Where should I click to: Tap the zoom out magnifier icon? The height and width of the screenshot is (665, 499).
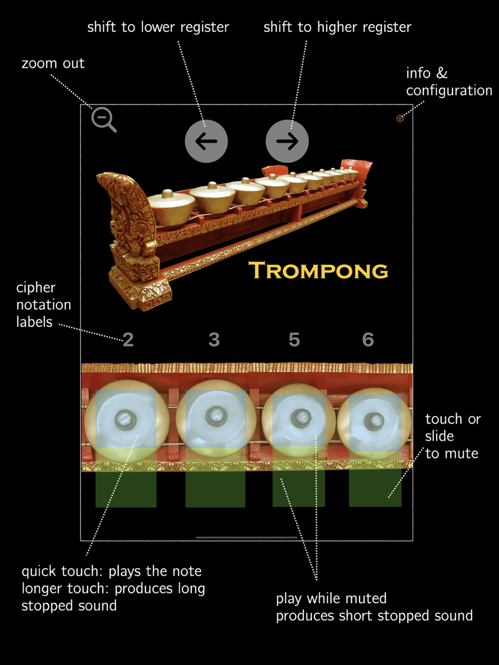(x=103, y=119)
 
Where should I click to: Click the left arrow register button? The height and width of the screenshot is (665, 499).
(x=206, y=141)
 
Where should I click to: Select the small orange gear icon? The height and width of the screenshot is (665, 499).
(x=400, y=118)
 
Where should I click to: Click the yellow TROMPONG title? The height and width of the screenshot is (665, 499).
(x=318, y=270)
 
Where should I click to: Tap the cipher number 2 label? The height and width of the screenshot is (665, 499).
(x=128, y=340)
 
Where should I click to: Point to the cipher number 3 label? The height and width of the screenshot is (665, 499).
(x=214, y=340)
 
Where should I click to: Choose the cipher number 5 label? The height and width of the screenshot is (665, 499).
(x=294, y=340)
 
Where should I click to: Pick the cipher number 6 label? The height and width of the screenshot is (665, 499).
(x=368, y=340)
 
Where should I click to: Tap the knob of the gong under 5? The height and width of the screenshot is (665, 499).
(x=301, y=418)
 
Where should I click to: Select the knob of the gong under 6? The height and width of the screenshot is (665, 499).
(x=374, y=421)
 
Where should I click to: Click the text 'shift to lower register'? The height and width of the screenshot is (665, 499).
(x=158, y=27)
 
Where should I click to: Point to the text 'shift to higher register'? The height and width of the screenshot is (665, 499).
(x=337, y=27)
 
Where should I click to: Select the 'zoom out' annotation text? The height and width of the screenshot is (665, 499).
(x=53, y=63)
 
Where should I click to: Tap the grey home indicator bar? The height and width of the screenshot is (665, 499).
(x=247, y=537)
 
